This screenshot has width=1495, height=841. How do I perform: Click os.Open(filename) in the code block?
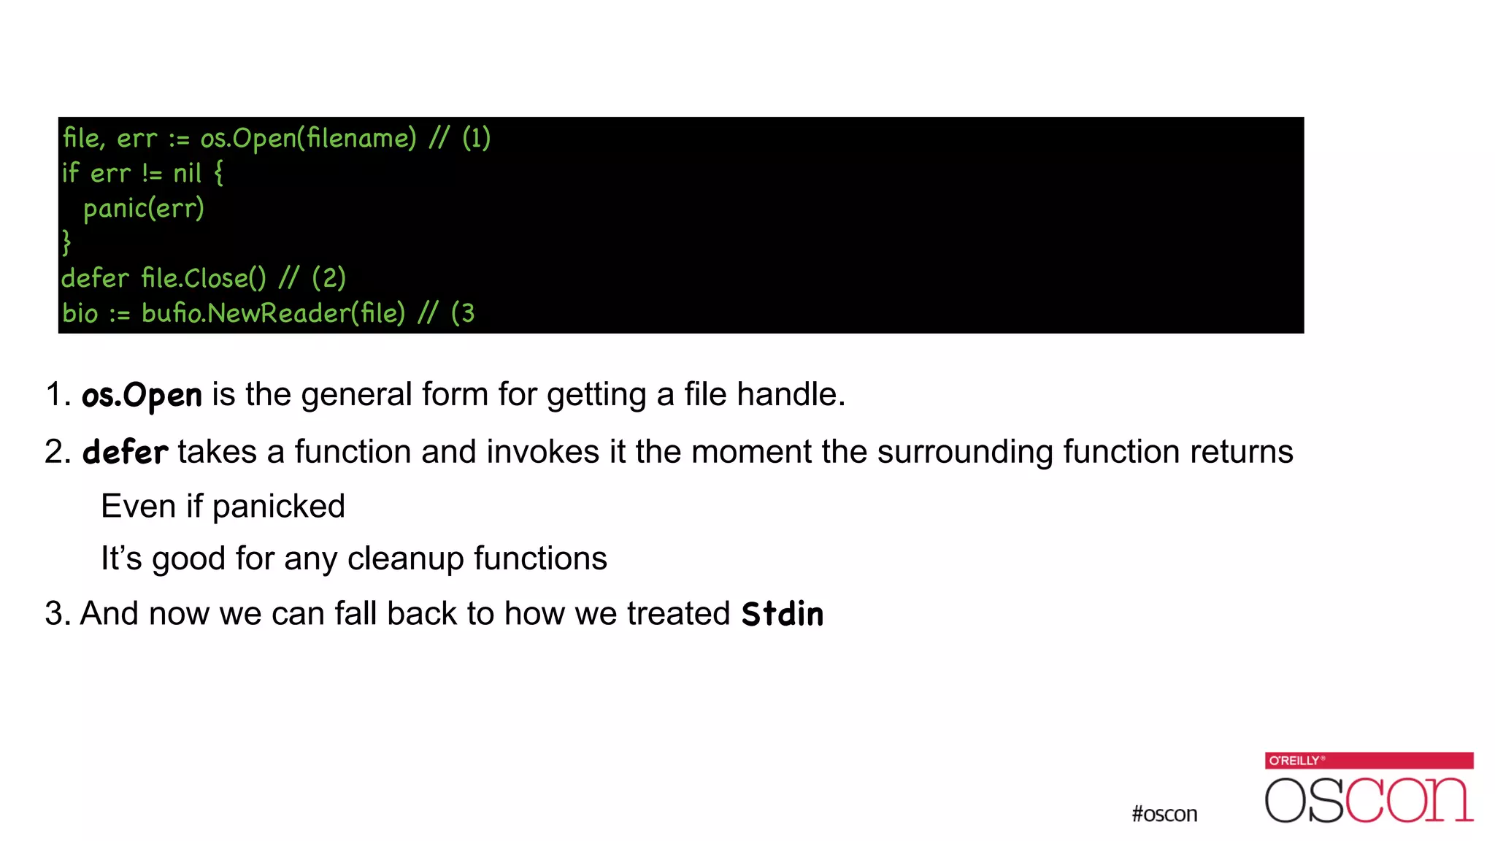tap(308, 138)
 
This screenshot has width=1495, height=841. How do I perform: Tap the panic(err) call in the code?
tap(143, 209)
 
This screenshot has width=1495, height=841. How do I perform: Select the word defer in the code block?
tap(95, 278)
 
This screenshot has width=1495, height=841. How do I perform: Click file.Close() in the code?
tap(204, 278)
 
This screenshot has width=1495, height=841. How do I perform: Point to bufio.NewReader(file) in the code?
tap(273, 313)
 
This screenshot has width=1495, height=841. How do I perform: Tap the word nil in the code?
tap(187, 174)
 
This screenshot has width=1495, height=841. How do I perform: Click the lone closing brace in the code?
tap(66, 242)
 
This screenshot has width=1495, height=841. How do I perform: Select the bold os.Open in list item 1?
tap(142, 396)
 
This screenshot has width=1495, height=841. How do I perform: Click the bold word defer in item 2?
tap(125, 453)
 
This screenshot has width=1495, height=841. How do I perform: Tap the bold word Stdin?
tap(782, 614)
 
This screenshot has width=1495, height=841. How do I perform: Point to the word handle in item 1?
tap(791, 395)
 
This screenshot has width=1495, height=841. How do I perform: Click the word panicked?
tap(278, 507)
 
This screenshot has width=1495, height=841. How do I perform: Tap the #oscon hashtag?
tap(1164, 814)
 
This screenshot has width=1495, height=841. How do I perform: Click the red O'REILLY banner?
tap(1369, 760)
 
